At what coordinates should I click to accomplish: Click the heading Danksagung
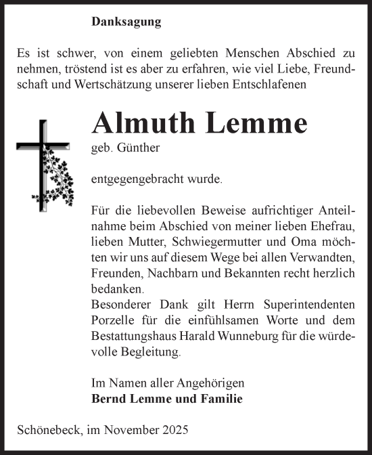pos(126,22)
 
